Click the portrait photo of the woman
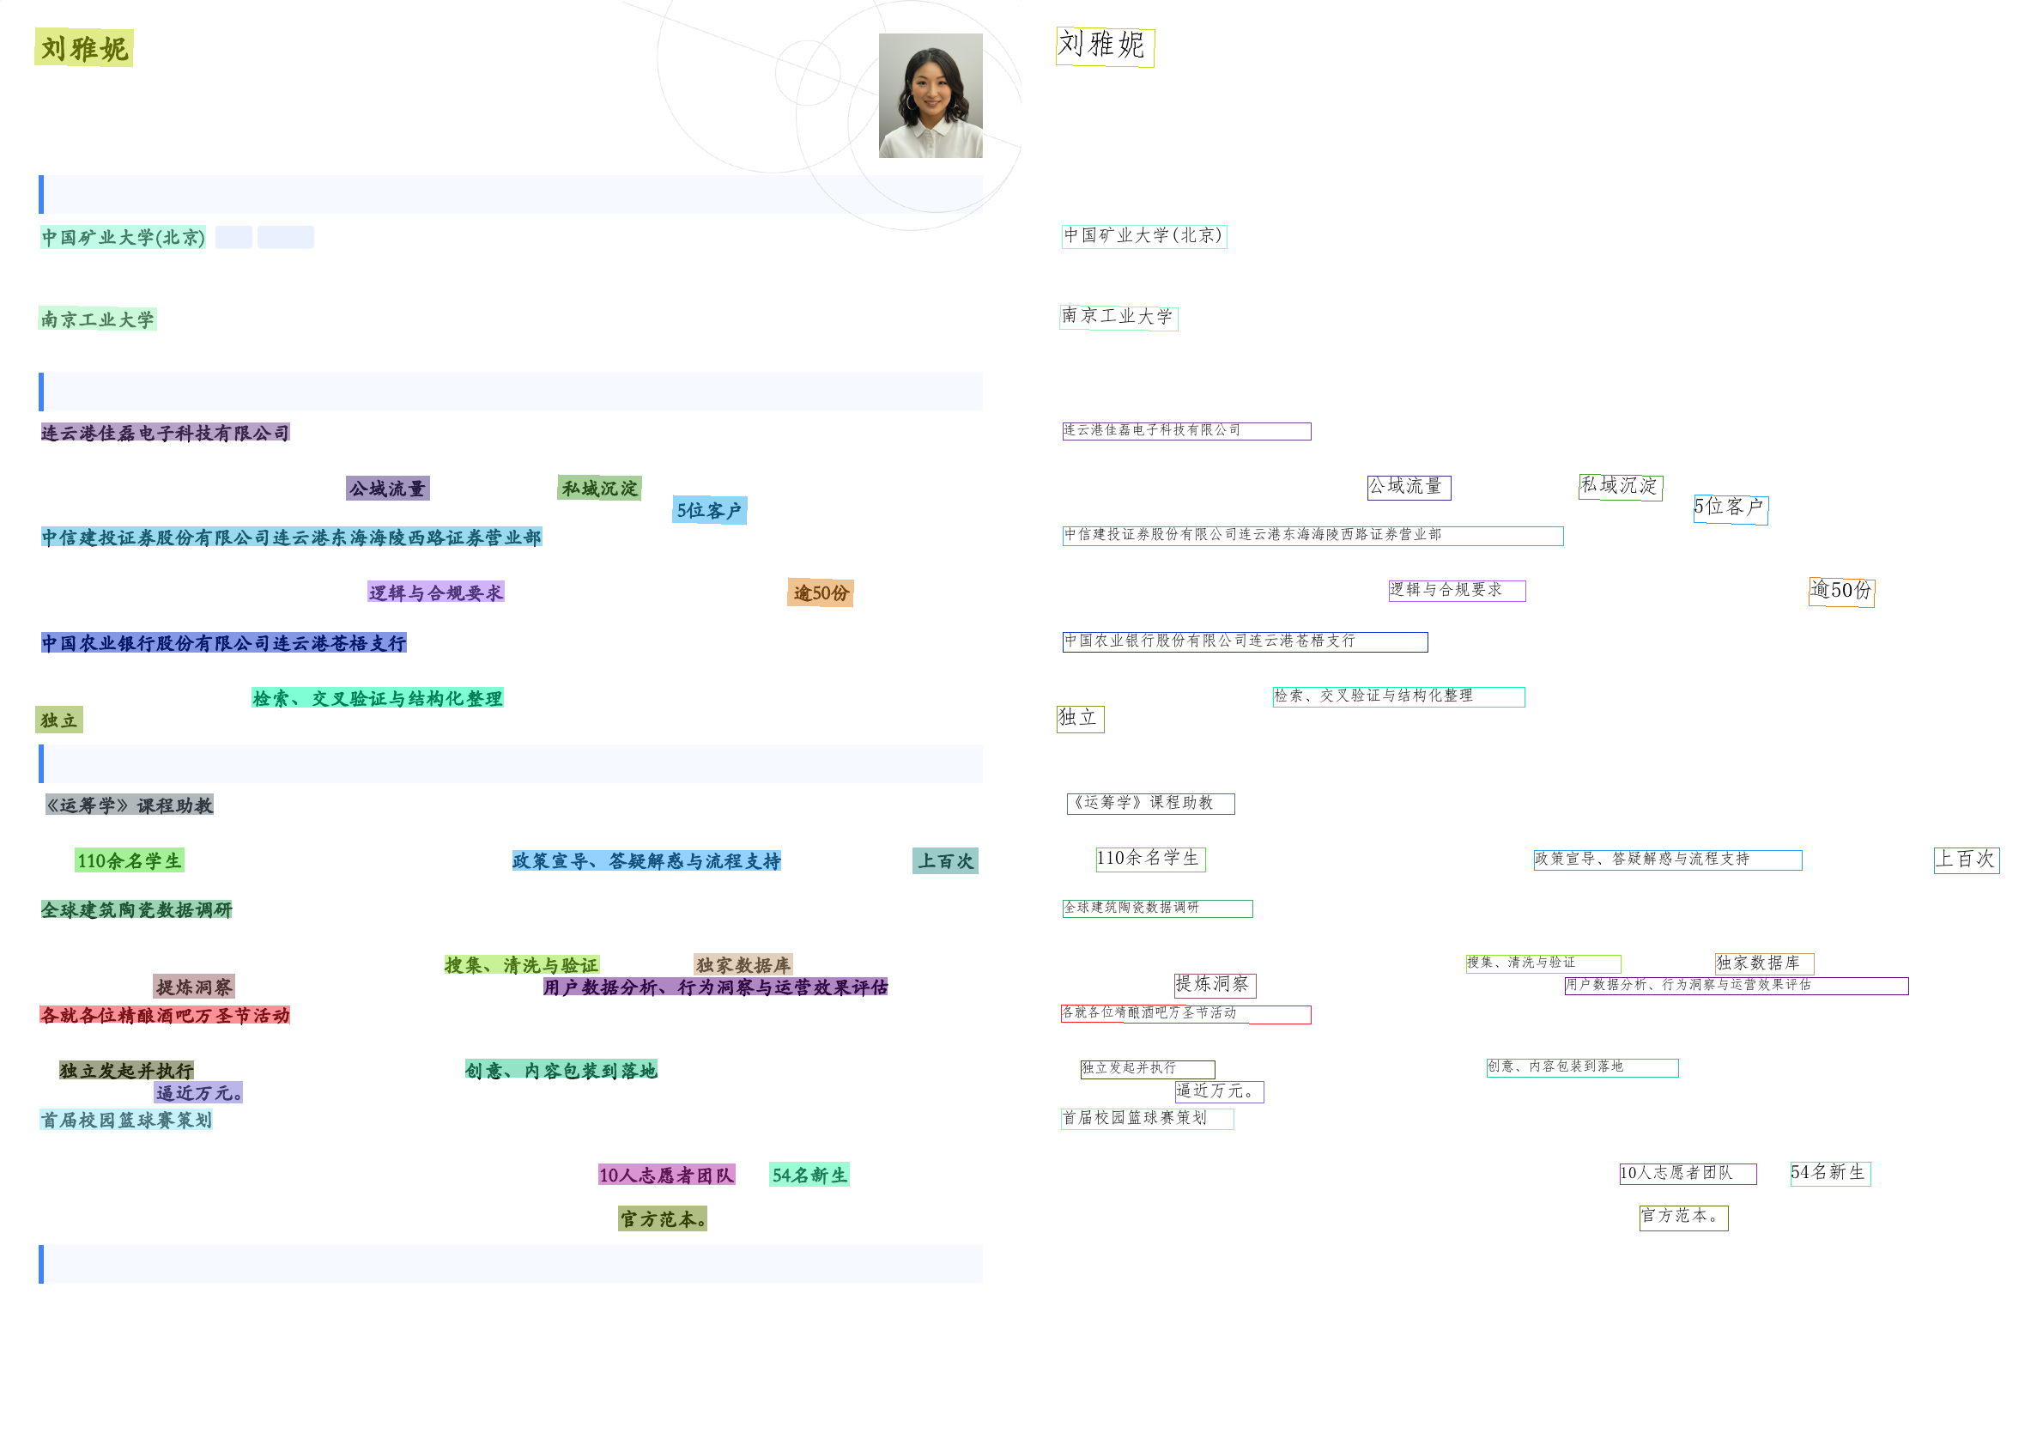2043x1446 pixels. [931, 95]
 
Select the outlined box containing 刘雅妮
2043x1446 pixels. [1105, 46]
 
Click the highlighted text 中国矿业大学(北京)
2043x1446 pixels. [123, 237]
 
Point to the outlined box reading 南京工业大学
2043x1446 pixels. [1118, 317]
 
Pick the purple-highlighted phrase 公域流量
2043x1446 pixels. [387, 488]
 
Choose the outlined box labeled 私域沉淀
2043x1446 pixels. [1620, 487]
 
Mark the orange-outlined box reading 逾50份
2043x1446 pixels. [1841, 592]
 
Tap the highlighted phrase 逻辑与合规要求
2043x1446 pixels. [435, 592]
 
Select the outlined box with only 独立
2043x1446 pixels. [1080, 719]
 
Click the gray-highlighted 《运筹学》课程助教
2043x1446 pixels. [130, 805]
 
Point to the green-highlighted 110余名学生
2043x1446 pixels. [129, 860]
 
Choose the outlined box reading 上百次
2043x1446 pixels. [1967, 860]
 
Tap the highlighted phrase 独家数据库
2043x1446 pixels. [743, 964]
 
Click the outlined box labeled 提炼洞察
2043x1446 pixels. [1215, 985]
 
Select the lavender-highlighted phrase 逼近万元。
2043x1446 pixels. [197, 1092]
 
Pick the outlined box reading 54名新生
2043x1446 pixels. [1829, 1174]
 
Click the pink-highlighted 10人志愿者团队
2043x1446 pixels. [666, 1175]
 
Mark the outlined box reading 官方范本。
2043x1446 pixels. [1682, 1218]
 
